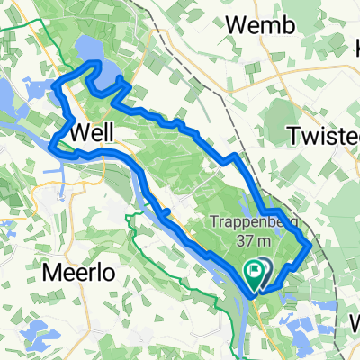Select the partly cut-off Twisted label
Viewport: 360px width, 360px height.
tap(324, 134)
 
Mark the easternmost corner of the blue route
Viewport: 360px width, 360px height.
tap(311, 243)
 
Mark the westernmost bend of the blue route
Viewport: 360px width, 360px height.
tap(51, 144)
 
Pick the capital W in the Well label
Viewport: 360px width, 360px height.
tap(78, 131)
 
